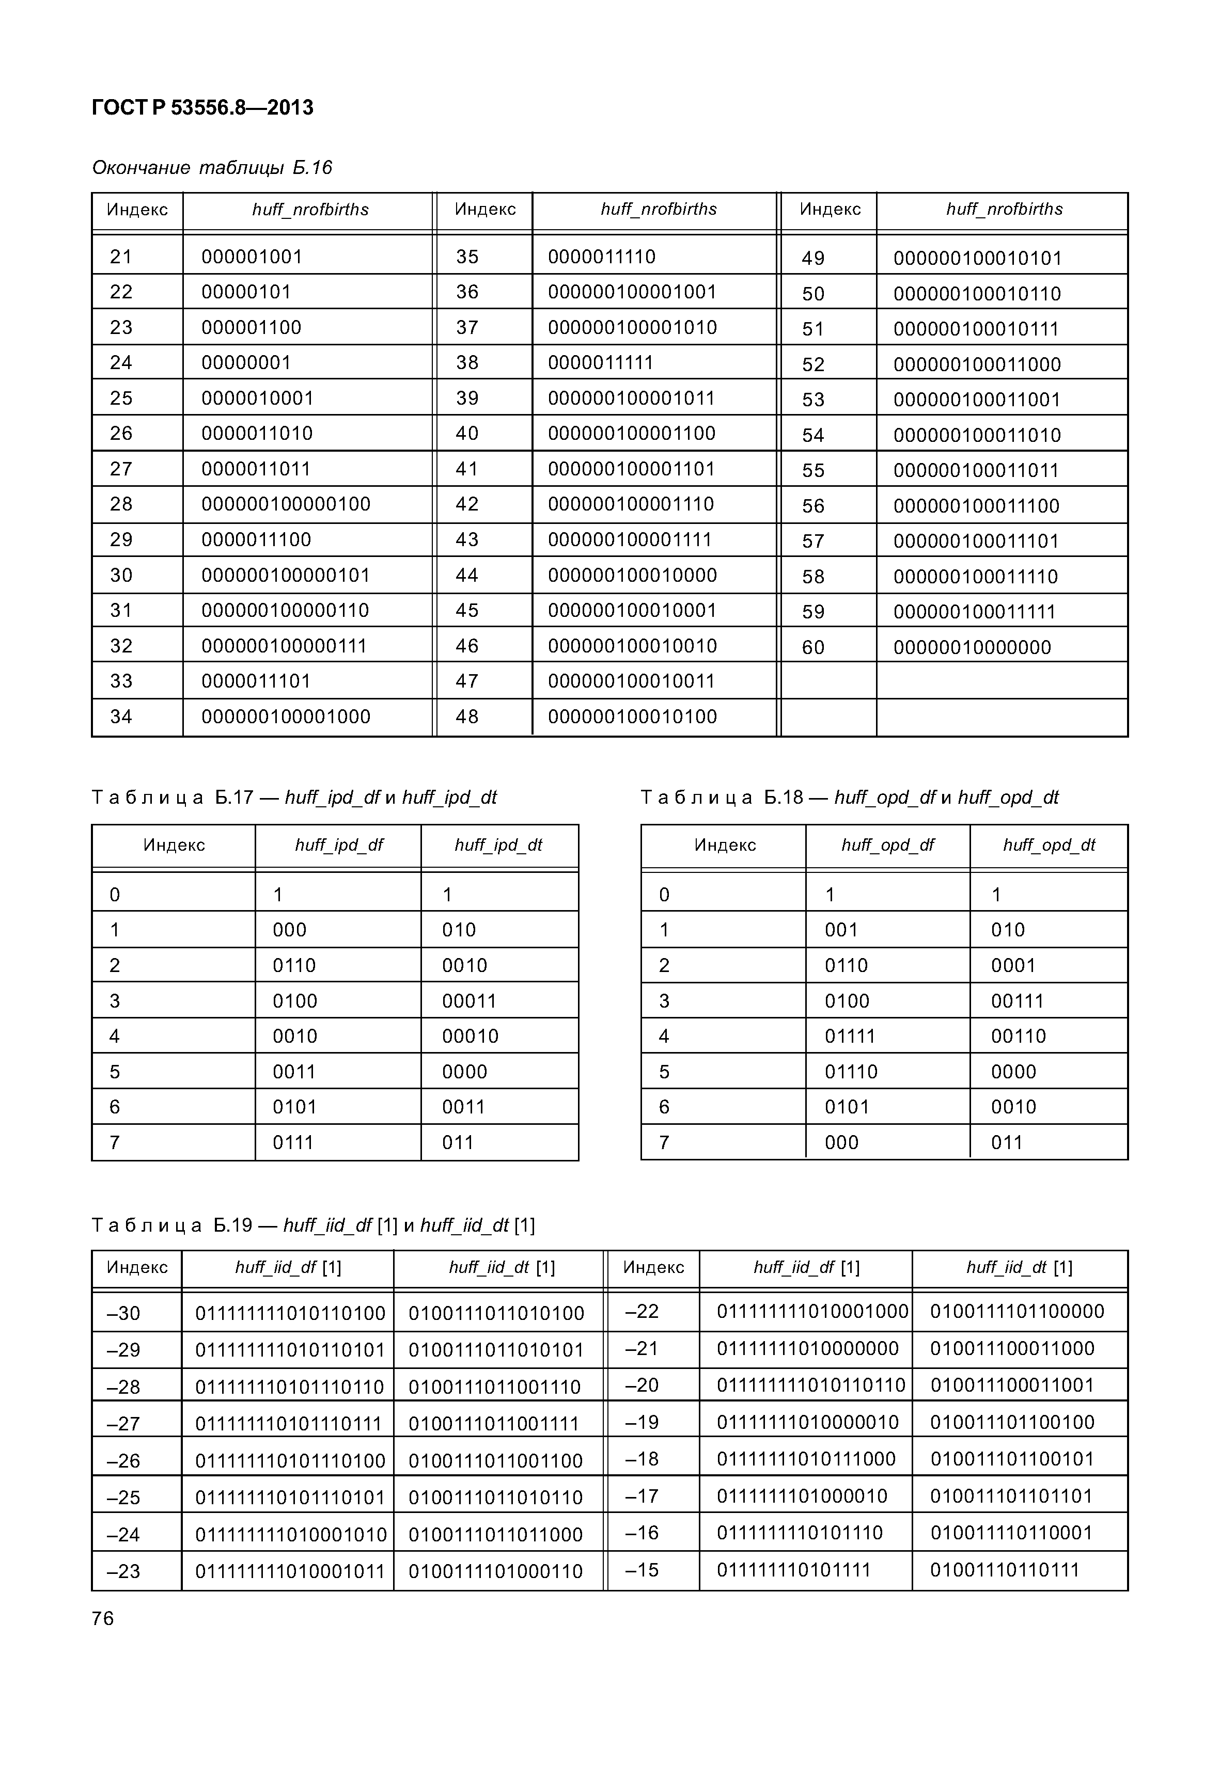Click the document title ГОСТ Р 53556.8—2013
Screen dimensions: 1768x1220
pos(202,108)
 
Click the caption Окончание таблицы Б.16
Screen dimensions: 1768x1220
pos(212,167)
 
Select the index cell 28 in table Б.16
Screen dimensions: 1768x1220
pos(121,504)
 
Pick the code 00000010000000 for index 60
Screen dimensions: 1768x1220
pos(972,647)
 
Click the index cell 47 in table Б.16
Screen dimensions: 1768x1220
pos(467,681)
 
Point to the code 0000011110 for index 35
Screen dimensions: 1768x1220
pos(602,257)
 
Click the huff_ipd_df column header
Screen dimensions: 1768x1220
pos(339,845)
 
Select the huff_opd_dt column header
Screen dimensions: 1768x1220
pos(1049,845)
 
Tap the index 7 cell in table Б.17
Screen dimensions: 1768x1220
pos(115,1142)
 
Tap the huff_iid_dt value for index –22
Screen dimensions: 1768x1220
pos(1016,1312)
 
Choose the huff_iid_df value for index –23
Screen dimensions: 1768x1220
pos(290,1572)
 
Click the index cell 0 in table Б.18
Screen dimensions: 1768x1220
pos(664,895)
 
